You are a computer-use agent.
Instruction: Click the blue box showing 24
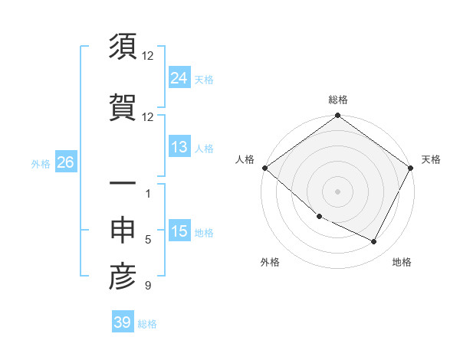click(179, 79)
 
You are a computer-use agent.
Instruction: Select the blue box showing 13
click(179, 148)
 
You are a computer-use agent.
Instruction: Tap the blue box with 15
click(179, 232)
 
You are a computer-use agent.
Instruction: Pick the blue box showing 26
click(65, 163)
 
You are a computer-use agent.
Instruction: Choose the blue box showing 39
click(122, 322)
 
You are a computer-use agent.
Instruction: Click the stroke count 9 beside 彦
click(147, 286)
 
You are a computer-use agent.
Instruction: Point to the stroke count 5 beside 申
click(148, 240)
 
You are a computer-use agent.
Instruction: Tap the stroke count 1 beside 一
click(148, 194)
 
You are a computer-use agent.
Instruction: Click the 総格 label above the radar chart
click(337, 100)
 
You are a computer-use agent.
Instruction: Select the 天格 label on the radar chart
click(431, 159)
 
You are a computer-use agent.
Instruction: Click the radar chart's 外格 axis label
click(270, 262)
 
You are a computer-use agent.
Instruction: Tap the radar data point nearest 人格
click(264, 168)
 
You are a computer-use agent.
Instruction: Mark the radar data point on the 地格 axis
click(374, 242)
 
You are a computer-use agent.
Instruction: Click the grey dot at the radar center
click(337, 191)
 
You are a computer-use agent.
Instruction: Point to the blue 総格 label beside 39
click(147, 323)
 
